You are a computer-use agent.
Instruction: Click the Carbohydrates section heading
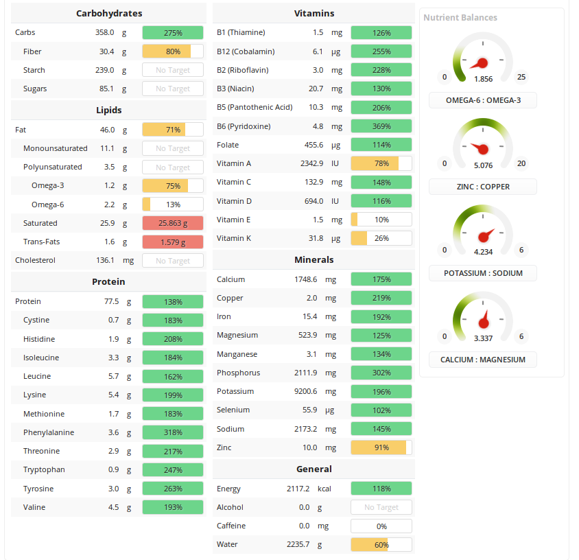(109, 13)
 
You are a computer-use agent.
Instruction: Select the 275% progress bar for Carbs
(173, 33)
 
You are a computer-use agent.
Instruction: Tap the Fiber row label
(32, 51)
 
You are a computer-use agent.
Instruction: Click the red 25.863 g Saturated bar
(173, 223)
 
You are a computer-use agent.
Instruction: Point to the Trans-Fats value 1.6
(109, 242)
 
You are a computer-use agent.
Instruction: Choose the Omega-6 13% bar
(173, 205)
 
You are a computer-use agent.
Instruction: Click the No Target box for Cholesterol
(173, 261)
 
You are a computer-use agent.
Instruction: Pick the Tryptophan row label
(45, 469)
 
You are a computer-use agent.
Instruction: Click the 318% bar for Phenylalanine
(173, 432)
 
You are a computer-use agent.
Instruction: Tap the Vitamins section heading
(314, 13)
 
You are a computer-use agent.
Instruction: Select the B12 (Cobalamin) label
(246, 51)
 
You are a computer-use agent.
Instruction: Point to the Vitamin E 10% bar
(381, 220)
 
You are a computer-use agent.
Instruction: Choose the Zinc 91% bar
(381, 447)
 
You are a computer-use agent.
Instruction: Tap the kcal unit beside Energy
(324, 489)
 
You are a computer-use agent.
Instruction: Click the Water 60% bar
(381, 545)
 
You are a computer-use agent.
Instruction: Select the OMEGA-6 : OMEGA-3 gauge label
(483, 100)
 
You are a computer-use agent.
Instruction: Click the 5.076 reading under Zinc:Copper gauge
(483, 165)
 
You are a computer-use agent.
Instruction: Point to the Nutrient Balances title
(460, 18)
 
